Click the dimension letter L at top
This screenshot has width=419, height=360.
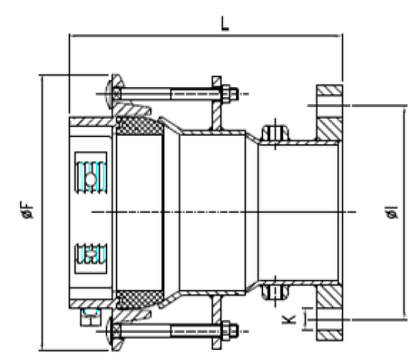point(225,23)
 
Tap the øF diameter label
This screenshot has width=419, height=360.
point(27,210)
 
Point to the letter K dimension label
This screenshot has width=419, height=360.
point(289,319)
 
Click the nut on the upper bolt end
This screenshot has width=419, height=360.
point(229,94)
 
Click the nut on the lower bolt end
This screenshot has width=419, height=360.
point(229,331)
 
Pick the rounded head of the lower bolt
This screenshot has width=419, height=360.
point(110,331)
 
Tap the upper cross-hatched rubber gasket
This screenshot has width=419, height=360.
point(140,126)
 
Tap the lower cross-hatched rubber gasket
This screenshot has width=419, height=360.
point(140,299)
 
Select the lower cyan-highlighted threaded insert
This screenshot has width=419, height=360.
point(91,254)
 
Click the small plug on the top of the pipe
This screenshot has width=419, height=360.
point(275,133)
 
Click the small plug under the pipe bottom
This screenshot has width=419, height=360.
point(275,292)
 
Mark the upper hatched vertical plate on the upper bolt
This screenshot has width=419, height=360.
point(217,103)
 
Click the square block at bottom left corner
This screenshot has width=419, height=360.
point(91,318)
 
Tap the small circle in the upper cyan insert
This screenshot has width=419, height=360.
point(90,180)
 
